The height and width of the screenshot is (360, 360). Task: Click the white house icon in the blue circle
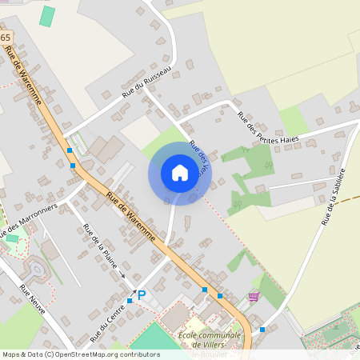pos(180,173)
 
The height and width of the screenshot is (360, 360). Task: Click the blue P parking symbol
pos(142,295)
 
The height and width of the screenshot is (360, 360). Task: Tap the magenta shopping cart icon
pos(254,297)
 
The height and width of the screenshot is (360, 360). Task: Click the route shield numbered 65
pos(6,38)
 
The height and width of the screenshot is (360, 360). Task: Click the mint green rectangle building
pos(48,16)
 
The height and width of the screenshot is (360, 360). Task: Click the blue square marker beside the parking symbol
pos(130,302)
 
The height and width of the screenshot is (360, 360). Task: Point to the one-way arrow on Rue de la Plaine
pos(122,274)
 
